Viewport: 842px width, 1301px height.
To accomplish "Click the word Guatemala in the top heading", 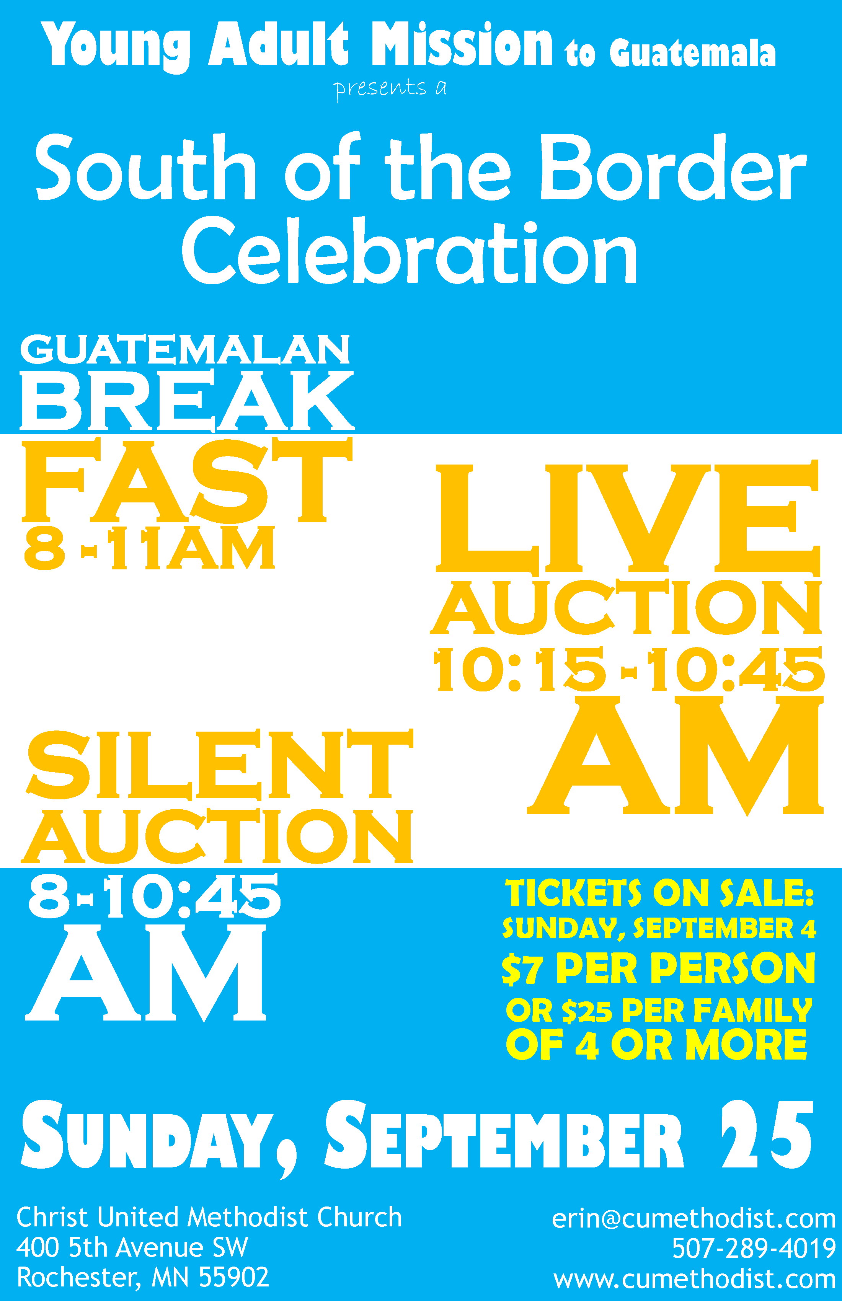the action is pos(692,53).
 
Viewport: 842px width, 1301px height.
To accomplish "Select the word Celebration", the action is pos(410,250).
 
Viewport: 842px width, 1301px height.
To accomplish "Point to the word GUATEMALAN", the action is pos(185,349).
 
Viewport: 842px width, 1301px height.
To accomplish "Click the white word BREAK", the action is pos(187,401).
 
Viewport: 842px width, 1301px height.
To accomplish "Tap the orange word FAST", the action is pos(187,479).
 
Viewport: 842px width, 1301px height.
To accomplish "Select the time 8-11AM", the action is pos(149,548).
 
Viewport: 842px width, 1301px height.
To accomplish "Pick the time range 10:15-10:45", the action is pos(629,670).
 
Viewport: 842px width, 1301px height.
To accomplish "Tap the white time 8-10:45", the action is pos(155,896).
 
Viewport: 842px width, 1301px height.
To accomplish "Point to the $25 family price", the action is pos(587,1011).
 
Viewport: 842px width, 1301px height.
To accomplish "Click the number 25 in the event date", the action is pos(767,1134).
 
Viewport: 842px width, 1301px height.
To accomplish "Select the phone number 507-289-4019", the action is pos(754,1249).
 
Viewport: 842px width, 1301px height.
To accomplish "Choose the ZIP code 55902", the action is pos(234,1277).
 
